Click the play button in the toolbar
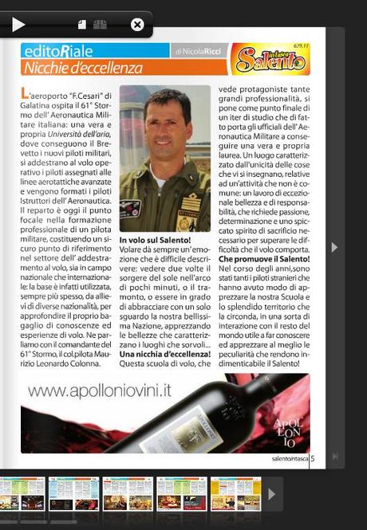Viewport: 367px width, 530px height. tap(18, 25)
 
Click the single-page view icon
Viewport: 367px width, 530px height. tap(82, 25)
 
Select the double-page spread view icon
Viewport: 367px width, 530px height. tap(100, 25)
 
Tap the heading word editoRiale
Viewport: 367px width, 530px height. tap(53, 51)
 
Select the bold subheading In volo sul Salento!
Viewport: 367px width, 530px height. tap(156, 240)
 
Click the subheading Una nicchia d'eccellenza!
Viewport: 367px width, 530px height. tap(164, 354)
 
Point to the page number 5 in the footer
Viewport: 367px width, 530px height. tap(312, 458)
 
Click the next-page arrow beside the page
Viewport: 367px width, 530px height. tap(334, 248)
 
